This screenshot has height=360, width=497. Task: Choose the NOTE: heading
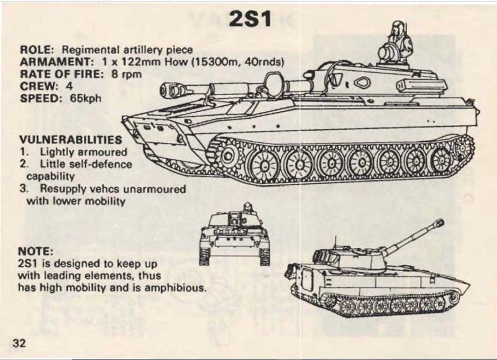click(36, 251)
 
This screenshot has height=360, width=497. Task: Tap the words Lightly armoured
click(84, 152)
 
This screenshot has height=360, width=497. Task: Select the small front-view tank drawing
click(234, 234)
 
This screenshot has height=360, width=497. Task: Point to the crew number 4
click(60, 86)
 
